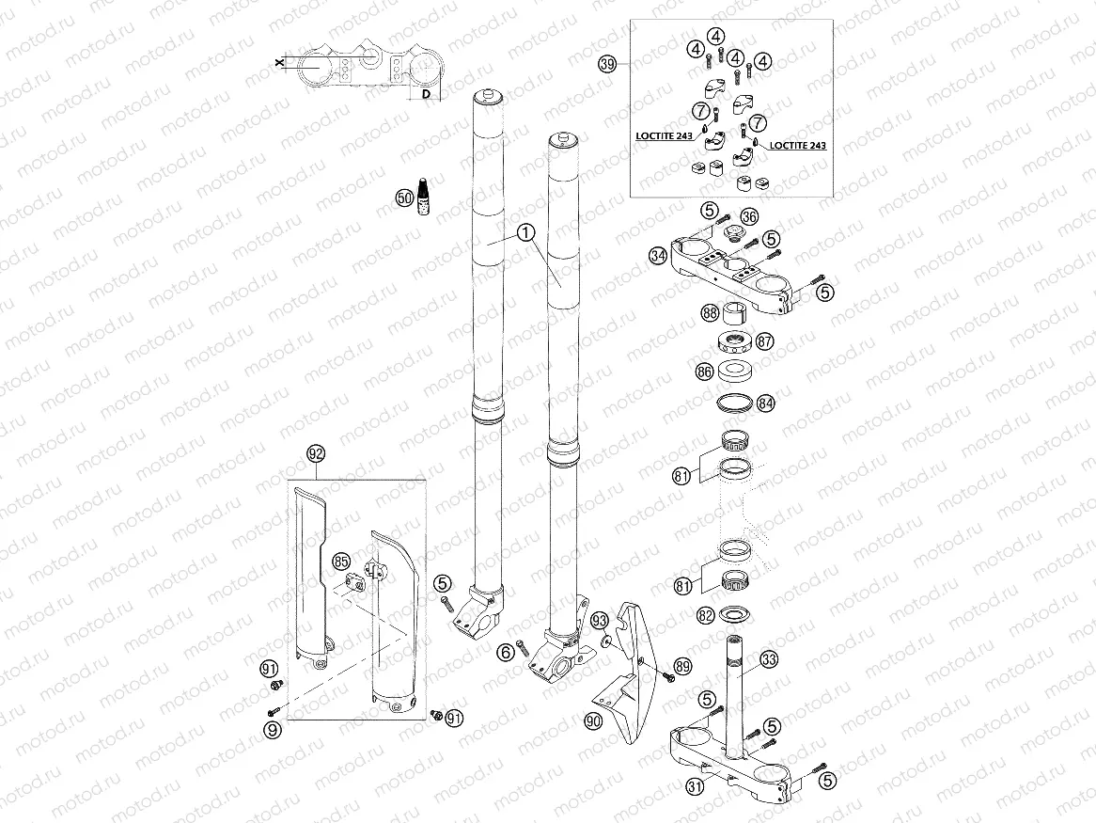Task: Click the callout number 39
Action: click(607, 64)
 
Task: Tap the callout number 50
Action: click(403, 198)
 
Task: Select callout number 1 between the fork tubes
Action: click(525, 231)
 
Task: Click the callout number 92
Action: click(316, 454)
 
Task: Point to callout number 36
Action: click(749, 216)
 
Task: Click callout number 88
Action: click(709, 314)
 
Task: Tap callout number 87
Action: click(765, 341)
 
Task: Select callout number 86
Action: click(704, 372)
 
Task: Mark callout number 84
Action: click(766, 404)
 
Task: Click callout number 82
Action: click(706, 616)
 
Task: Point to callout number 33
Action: click(769, 660)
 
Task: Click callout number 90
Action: click(592, 721)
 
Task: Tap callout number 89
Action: click(682, 666)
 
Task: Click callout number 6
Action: click(507, 651)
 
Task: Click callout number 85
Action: click(341, 562)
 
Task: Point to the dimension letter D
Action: click(425, 95)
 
